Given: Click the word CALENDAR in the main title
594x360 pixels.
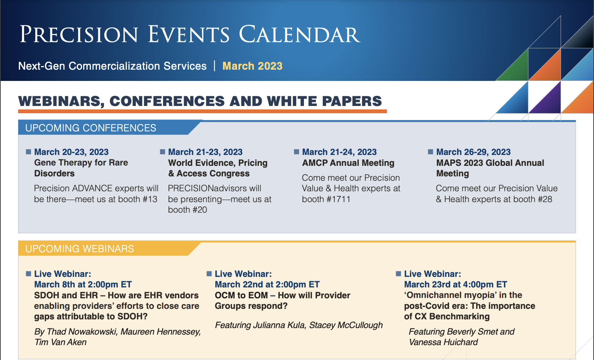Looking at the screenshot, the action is coord(300,34).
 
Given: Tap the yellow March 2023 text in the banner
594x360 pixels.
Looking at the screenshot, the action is coord(252,66).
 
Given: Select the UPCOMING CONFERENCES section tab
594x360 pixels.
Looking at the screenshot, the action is coord(91,128).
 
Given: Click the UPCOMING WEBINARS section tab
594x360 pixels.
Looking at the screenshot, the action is coord(80,249).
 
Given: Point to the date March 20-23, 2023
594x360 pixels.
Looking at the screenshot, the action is coord(71,152).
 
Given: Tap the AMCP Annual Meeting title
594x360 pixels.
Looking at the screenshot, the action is coord(348,163).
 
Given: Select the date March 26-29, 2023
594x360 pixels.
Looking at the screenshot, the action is coord(473,152).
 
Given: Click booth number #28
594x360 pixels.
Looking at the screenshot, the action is coord(544,199).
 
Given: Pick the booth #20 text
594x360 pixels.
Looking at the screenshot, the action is coord(187,210).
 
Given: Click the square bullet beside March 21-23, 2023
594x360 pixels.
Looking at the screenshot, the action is coord(163,152).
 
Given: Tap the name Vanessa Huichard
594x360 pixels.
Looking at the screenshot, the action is coord(443,342).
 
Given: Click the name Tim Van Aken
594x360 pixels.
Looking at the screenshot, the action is coord(61,342).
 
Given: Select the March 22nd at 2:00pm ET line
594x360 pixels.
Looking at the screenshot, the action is coord(267,285).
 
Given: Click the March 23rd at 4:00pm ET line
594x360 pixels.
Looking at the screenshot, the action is coord(456,285).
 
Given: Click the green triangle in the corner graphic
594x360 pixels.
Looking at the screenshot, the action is coord(517,69).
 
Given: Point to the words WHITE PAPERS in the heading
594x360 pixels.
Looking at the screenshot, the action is coord(324,101).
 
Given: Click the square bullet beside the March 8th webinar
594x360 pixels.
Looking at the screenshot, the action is coord(28,274).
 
